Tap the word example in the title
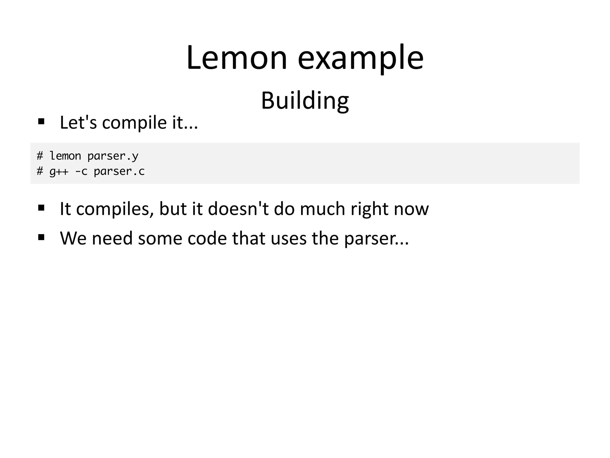(360, 58)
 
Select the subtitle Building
(305, 101)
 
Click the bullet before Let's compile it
(41, 121)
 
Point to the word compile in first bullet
(134, 123)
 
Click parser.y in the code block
(113, 156)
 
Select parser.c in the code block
(119, 171)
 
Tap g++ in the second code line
(59, 171)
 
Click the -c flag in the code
(81, 171)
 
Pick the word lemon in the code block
(65, 156)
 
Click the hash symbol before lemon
(40, 156)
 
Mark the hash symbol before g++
(40, 171)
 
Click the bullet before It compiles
(41, 208)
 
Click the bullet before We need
(41, 237)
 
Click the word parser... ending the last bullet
(376, 239)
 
